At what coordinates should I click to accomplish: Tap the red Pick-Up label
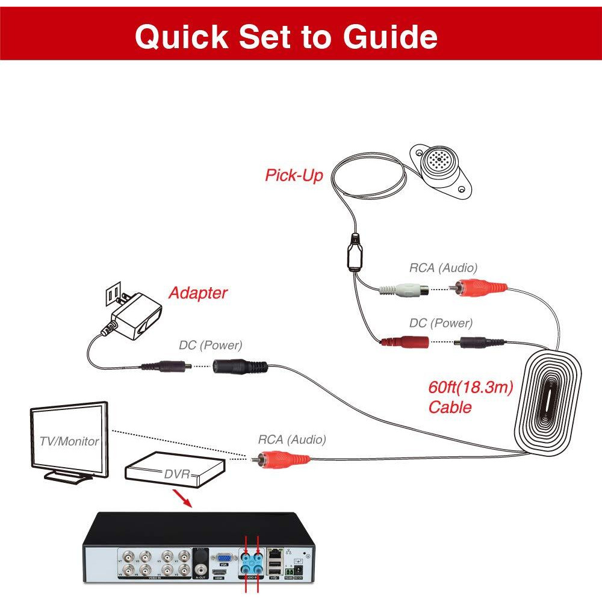pos(294,175)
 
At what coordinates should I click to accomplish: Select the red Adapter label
pos(197,293)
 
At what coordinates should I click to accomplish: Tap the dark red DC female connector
pos(404,343)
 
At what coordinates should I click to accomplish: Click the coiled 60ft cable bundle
pos(548,400)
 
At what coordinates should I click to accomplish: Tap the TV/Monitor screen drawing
pos(69,440)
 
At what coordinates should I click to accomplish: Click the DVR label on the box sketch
pos(177,474)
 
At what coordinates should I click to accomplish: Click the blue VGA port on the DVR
pos(223,557)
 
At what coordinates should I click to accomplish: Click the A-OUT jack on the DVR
pos(200,569)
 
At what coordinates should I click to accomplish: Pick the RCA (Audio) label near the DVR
pos(292,440)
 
